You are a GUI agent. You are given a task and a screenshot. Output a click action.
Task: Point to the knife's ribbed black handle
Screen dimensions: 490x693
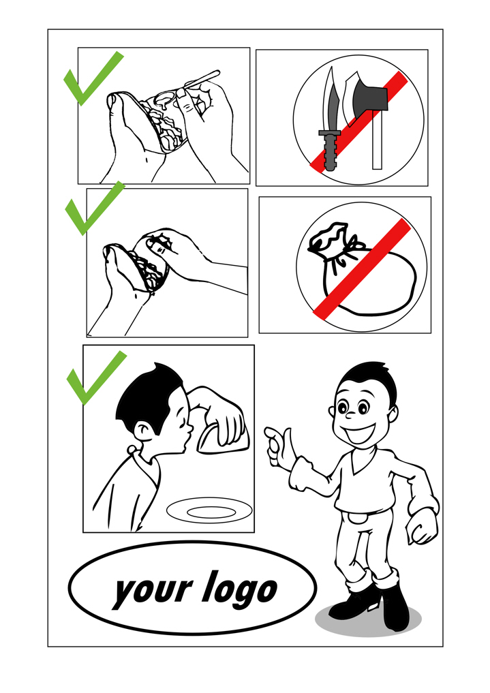330,148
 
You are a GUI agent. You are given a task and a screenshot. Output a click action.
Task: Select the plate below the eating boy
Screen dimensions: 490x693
209,511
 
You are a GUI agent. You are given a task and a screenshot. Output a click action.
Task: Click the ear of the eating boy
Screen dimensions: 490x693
142,430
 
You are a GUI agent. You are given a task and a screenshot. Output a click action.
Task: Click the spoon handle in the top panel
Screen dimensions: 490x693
202,78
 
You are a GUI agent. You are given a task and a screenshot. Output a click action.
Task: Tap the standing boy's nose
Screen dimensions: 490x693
350,416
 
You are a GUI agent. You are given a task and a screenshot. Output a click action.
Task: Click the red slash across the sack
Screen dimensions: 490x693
363,269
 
